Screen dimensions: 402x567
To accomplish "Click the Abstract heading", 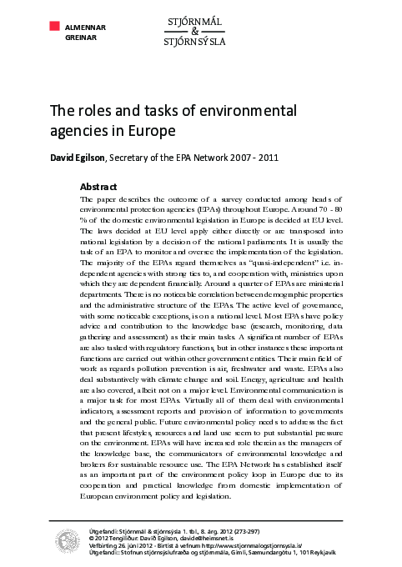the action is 98,186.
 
